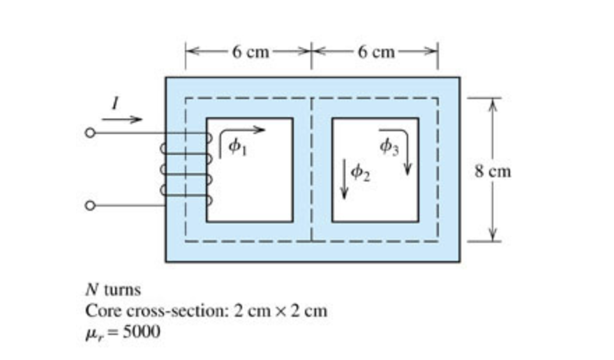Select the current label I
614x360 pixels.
[x=116, y=104]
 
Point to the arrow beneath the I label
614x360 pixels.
[x=126, y=119]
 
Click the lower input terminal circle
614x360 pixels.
[x=89, y=206]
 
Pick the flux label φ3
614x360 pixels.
[x=388, y=147]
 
